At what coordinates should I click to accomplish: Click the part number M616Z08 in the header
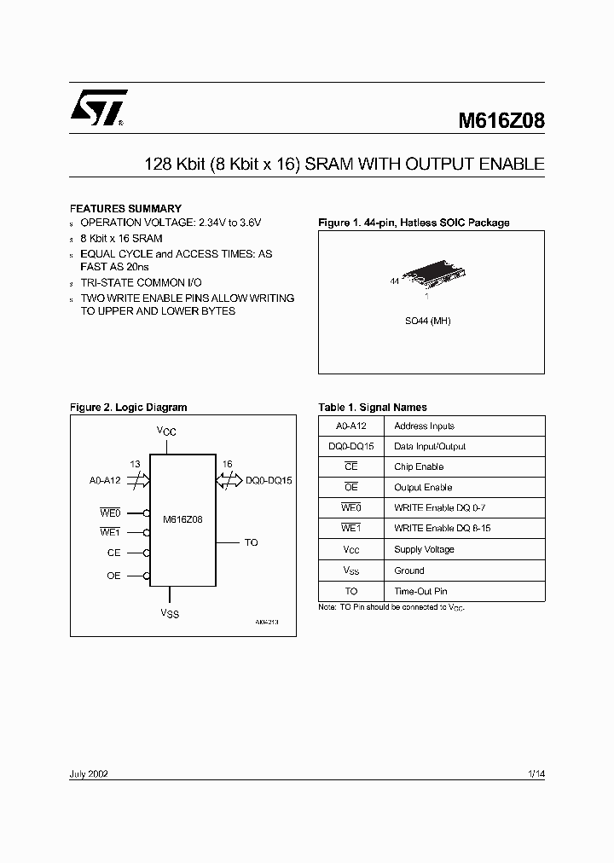tap(501, 121)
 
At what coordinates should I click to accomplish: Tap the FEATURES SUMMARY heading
tap(125, 208)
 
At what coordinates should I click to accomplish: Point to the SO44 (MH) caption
tap(427, 321)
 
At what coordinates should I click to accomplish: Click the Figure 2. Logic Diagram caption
tap(128, 408)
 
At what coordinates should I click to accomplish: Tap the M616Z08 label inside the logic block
tap(182, 517)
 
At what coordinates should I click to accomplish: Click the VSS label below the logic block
tap(170, 613)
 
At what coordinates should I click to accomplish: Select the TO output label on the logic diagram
tap(251, 542)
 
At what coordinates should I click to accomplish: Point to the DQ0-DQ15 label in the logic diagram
tap(269, 480)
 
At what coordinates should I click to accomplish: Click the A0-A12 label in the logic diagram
tap(106, 480)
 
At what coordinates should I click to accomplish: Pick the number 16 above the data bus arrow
tap(227, 465)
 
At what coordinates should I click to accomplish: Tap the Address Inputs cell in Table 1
tap(424, 426)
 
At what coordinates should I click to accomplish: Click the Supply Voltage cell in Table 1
tap(424, 549)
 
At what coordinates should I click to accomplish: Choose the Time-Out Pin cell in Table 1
tap(420, 591)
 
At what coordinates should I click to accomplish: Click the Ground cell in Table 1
tap(408, 571)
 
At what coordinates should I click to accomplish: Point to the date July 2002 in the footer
tap(88, 773)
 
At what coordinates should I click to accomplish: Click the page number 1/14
tap(536, 773)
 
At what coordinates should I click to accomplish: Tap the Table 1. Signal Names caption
tap(373, 408)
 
